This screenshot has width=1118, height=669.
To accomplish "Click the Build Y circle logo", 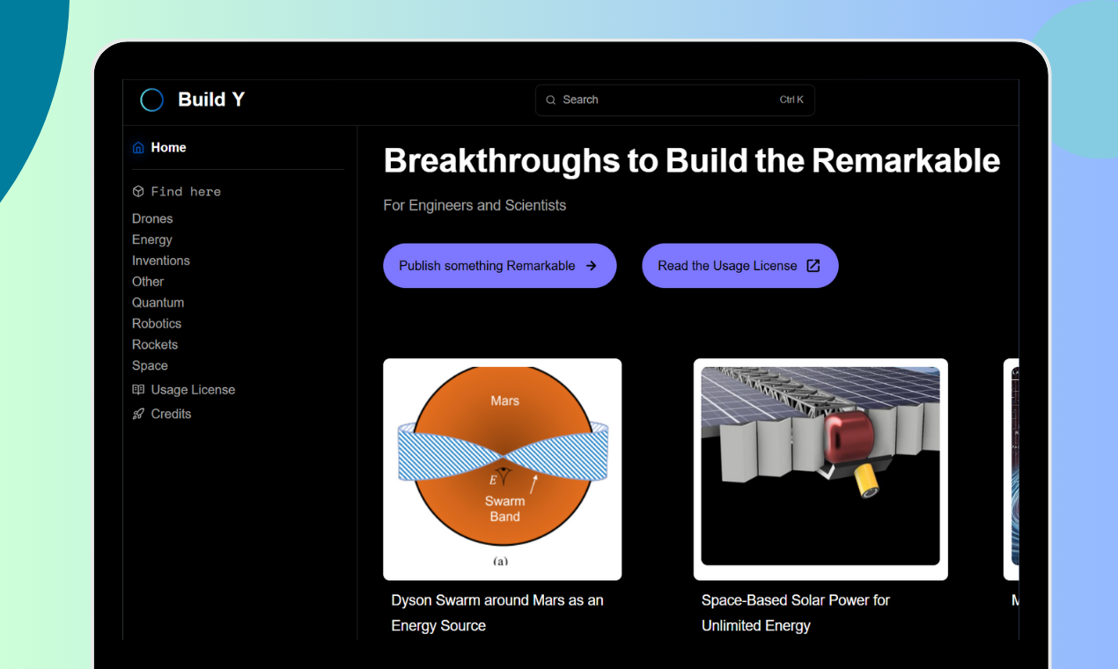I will click(x=152, y=100).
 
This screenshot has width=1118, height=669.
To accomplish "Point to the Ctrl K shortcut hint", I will click(x=791, y=100).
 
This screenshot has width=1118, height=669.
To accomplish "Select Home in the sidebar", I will click(x=168, y=148).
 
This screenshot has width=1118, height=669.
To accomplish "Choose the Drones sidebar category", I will click(x=152, y=218).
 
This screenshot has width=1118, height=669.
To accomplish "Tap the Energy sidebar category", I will click(x=152, y=239).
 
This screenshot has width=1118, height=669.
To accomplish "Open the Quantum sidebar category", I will click(x=158, y=303).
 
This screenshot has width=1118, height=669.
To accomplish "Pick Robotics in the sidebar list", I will click(x=157, y=324).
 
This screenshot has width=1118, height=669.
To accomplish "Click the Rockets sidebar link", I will click(x=155, y=345).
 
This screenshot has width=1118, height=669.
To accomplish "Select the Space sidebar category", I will click(x=150, y=366).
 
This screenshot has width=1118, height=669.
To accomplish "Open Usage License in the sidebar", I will click(x=193, y=390).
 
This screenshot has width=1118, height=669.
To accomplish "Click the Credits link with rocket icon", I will click(x=171, y=414).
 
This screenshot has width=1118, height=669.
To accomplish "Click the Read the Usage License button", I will click(x=739, y=266).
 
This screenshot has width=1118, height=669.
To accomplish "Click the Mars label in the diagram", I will click(x=504, y=401).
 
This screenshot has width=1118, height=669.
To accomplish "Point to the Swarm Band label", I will click(x=504, y=509).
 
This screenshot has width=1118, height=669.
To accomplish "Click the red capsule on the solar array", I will click(x=847, y=440).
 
